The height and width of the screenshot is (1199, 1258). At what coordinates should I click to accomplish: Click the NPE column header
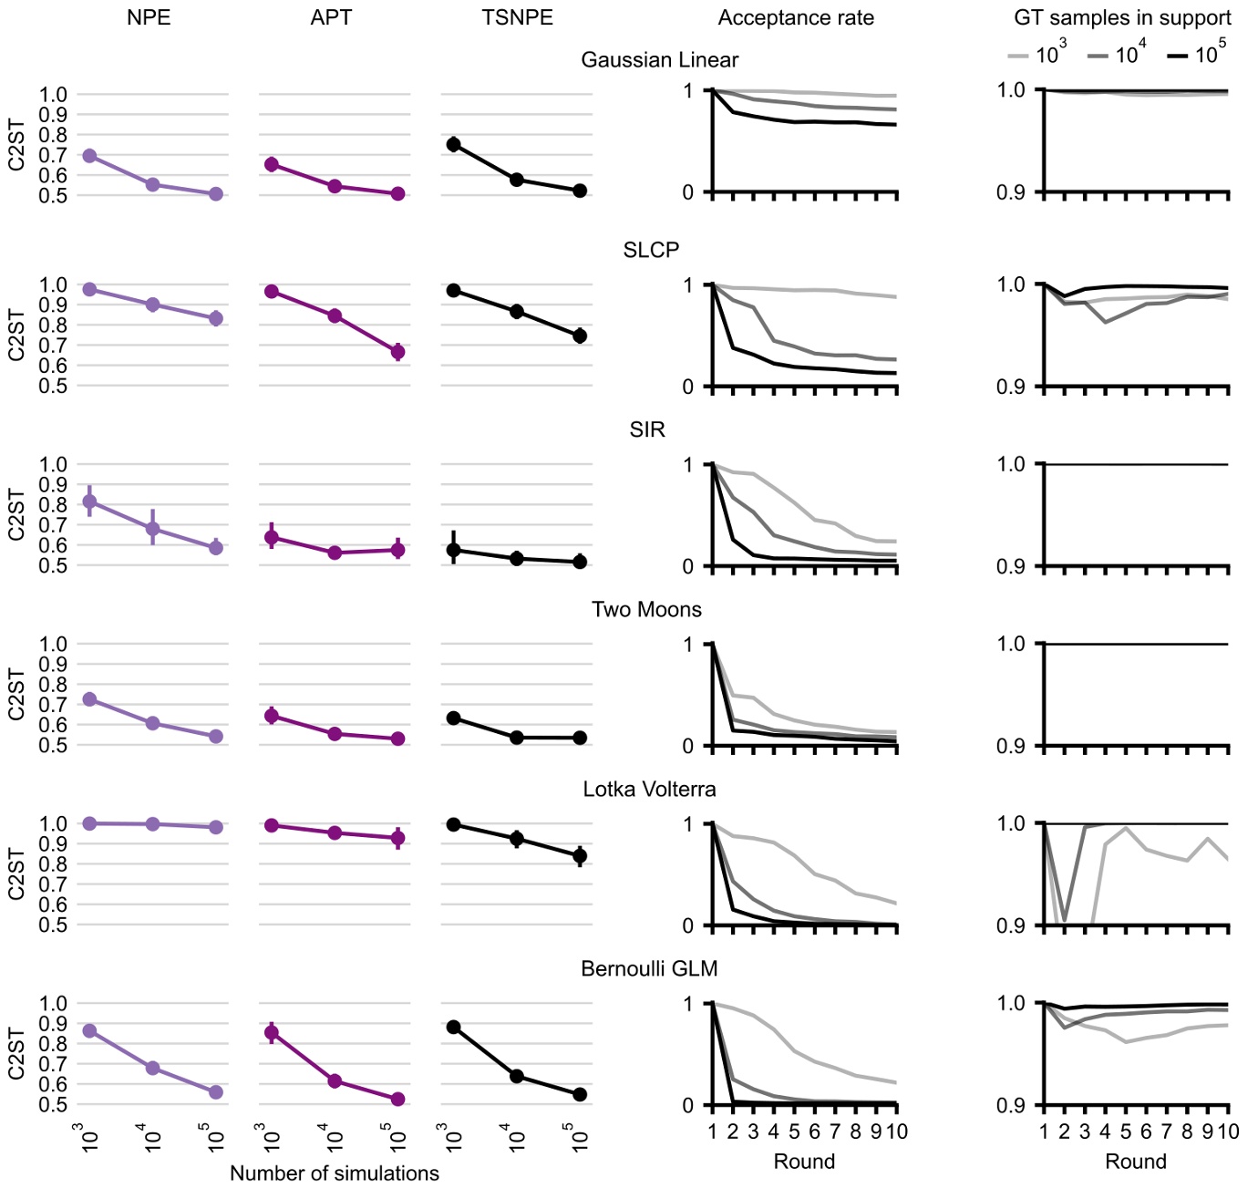click(x=149, y=18)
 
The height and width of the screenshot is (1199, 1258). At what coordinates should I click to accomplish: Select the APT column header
click(x=331, y=18)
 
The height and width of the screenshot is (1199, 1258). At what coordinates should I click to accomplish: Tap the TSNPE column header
click(x=517, y=18)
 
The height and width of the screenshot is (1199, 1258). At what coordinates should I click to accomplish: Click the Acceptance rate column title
click(x=795, y=18)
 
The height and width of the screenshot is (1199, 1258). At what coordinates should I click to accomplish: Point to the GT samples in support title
click(x=1122, y=18)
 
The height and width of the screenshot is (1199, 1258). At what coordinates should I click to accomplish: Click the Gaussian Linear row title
click(x=659, y=60)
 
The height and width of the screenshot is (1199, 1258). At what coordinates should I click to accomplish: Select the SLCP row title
click(x=651, y=251)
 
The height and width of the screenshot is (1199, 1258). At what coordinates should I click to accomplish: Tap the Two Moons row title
click(x=646, y=610)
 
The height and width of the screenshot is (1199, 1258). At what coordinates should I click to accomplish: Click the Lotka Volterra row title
click(x=649, y=790)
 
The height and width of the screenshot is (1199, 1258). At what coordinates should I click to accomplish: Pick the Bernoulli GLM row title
click(x=649, y=969)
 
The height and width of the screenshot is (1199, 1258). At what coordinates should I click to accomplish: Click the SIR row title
click(x=647, y=430)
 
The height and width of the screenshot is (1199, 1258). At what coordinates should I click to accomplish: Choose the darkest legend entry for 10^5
click(x=1196, y=55)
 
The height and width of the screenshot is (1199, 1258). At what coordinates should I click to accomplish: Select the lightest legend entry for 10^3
click(x=1036, y=55)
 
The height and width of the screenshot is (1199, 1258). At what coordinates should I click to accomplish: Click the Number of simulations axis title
click(x=334, y=1173)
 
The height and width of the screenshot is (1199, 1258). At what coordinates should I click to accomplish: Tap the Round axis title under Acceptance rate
click(x=804, y=1162)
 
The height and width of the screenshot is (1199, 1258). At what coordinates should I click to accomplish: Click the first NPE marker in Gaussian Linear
click(x=89, y=156)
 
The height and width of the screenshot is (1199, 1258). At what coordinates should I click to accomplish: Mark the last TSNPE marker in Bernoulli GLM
click(x=580, y=1094)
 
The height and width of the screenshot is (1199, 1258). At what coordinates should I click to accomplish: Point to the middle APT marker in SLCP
click(x=335, y=316)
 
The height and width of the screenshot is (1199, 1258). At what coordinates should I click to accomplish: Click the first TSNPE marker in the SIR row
click(x=453, y=550)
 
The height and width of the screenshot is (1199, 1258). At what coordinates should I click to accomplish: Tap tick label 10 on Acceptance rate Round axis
click(x=896, y=1132)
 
